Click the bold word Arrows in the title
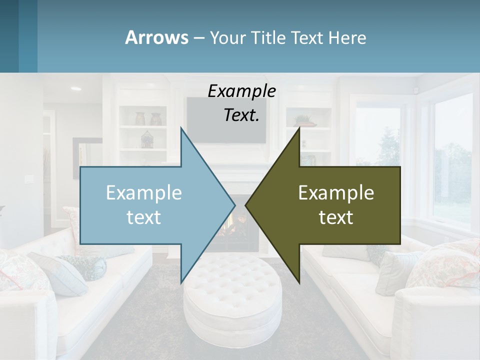pos(156,37)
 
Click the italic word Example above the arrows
pos(242,91)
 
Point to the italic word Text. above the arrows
pos(242,115)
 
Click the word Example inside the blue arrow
pos(144,192)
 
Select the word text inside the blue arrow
pos(144,217)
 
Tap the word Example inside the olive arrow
pos(336,192)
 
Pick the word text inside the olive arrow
pos(336,217)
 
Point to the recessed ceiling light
pos(76,88)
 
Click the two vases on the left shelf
pos(148,119)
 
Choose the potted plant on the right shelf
pos(303,120)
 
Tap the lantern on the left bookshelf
pos(146,139)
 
